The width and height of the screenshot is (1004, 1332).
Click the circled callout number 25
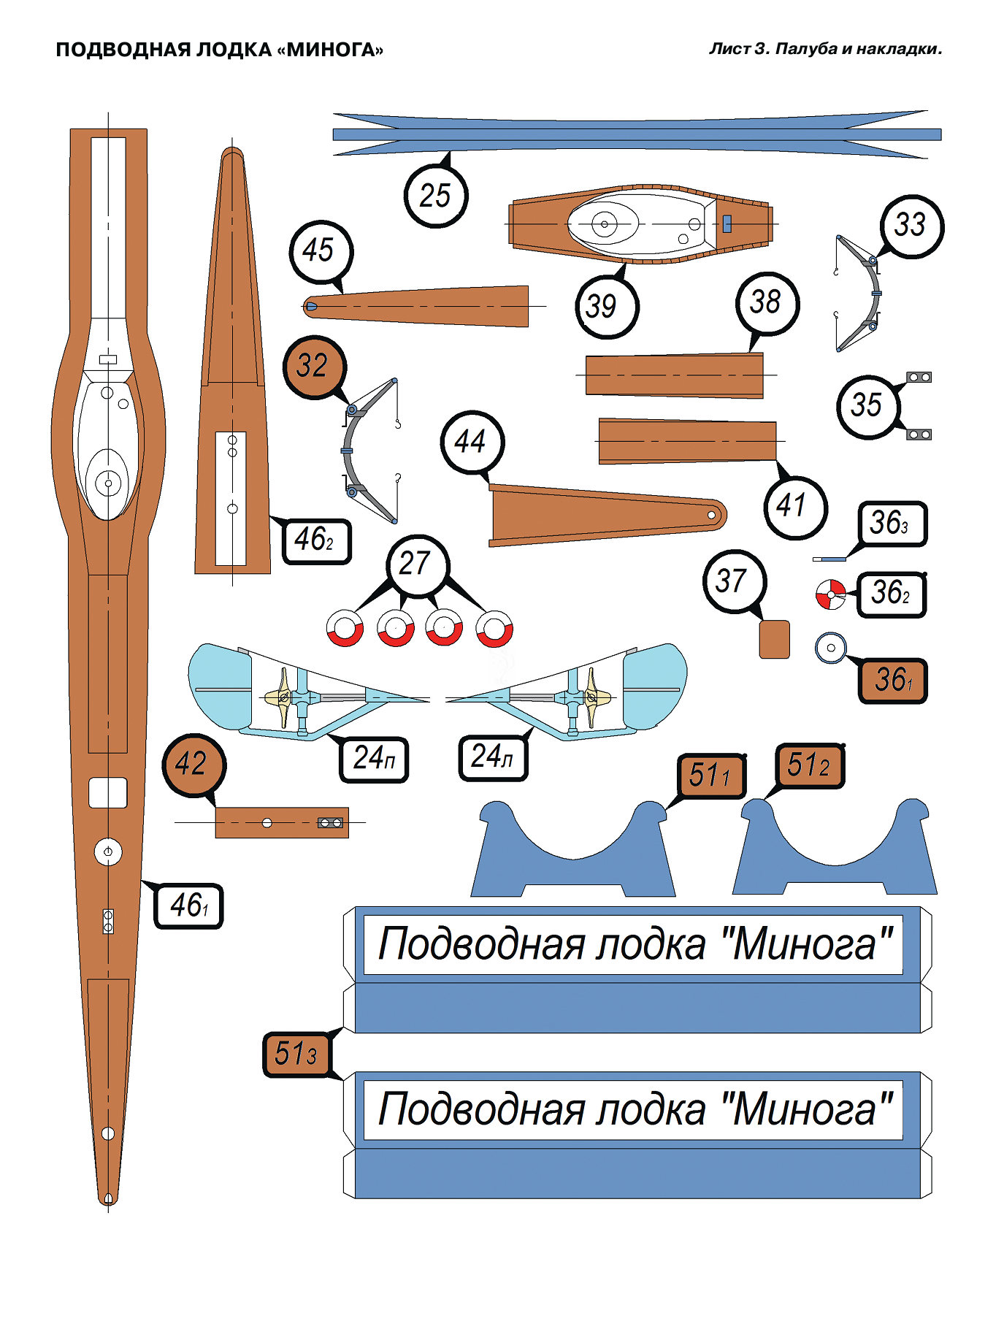tap(435, 196)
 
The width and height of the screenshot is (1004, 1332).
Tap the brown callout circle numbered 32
tap(313, 366)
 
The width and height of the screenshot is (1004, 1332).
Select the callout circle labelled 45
tap(320, 250)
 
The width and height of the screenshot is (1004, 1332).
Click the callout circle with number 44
tap(472, 442)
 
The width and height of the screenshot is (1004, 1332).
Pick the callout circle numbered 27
tap(416, 564)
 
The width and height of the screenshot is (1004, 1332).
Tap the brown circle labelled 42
tap(193, 765)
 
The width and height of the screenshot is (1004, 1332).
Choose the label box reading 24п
tap(374, 759)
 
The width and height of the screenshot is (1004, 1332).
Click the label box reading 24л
tap(492, 757)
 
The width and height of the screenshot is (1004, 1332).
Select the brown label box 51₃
tap(296, 1054)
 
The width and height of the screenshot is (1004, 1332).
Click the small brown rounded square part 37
tap(774, 639)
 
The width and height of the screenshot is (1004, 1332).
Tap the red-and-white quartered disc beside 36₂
tap(830, 594)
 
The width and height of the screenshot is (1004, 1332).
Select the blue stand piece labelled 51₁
tap(573, 854)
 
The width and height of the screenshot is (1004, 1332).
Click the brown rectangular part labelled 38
tap(674, 375)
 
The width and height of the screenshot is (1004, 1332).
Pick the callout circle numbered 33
tap(911, 226)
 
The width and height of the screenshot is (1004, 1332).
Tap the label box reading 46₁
tap(188, 906)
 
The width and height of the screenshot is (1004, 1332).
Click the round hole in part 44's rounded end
tap(711, 515)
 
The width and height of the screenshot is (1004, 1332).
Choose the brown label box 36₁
tap(892, 681)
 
